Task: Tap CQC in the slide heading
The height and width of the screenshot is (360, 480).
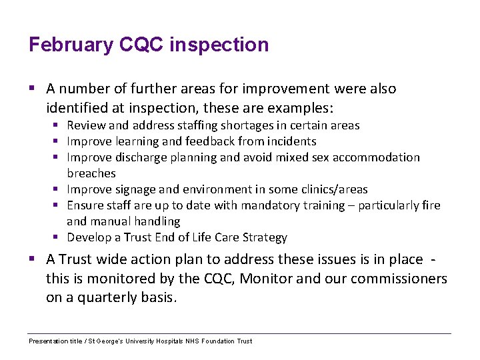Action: click(142, 45)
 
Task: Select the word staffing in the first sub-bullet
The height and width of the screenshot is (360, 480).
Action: click(205, 125)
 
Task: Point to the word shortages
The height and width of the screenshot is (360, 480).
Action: click(254, 125)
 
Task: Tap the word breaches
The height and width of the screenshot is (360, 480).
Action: click(91, 173)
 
